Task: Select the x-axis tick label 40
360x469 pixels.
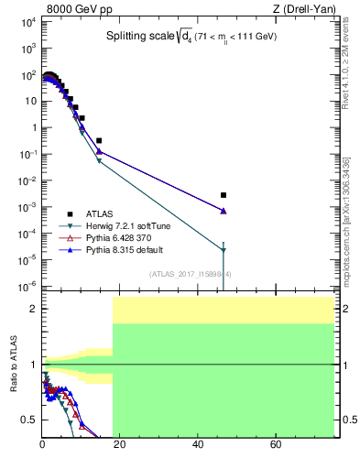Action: coord(198,446)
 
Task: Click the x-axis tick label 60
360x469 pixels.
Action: coord(276,446)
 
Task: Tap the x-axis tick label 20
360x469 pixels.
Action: coord(120,446)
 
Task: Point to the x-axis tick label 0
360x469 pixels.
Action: coord(42,446)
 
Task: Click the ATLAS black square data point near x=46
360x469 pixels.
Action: coord(224,195)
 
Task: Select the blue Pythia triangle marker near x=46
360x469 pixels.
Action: coord(224,211)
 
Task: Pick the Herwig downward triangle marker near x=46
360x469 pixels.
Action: coord(224,250)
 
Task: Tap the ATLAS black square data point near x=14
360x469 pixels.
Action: coord(99,140)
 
